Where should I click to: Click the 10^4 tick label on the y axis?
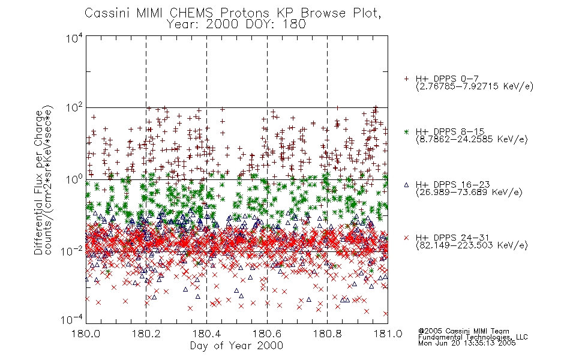pos(74,38)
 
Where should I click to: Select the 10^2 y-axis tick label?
pos(74,108)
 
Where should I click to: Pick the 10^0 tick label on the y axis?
pos(74,180)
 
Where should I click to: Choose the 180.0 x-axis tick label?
pos(86,334)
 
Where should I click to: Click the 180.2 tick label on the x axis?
pos(146,334)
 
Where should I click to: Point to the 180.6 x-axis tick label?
pos(267,334)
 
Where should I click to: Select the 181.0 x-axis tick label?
pos(388,334)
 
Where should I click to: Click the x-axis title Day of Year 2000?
pos(236,346)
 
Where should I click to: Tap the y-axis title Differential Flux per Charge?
pos(38,182)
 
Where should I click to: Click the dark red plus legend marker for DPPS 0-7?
pos(406,79)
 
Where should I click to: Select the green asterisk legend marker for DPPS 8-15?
pos(406,131)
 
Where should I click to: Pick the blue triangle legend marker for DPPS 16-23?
pos(406,185)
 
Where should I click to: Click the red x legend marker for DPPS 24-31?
pos(406,238)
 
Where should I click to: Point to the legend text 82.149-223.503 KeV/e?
pos(472,245)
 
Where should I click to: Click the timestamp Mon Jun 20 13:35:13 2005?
pos(467,343)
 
